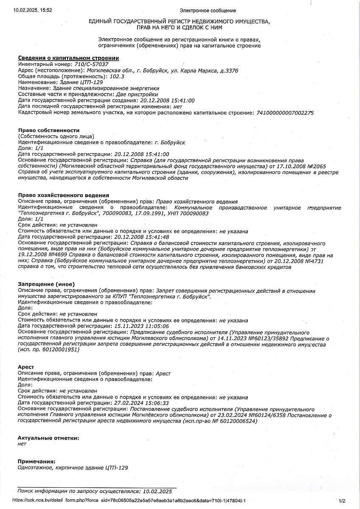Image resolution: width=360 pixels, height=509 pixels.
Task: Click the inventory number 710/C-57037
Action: click(91, 64)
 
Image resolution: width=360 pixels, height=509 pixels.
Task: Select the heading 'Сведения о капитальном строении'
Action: click(68, 58)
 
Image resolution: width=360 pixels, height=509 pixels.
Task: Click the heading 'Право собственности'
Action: click(49, 130)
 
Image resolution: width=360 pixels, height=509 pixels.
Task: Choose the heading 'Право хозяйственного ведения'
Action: click(60, 195)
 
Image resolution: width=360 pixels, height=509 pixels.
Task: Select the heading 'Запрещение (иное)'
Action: click(46, 284)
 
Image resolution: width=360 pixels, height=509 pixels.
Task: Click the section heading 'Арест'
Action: click(26, 367)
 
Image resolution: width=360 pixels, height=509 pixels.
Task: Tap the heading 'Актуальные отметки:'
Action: click(48, 438)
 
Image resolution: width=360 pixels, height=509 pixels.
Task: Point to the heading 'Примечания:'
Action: click(37, 461)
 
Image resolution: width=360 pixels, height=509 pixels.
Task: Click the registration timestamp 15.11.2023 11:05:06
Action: click(142, 326)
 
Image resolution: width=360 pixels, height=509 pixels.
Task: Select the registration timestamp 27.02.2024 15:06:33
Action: click(142, 403)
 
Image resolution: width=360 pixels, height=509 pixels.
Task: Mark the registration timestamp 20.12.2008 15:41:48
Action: click(142, 237)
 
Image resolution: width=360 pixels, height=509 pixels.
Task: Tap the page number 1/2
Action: click(343, 501)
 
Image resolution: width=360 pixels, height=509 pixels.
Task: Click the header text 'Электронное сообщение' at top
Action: click(208, 10)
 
